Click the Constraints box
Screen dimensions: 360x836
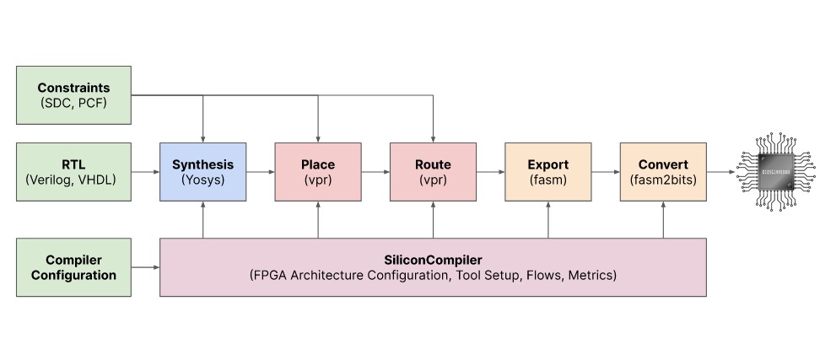[x=74, y=94]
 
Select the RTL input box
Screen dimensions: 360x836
[x=74, y=171]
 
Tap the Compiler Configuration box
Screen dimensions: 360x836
[x=74, y=266]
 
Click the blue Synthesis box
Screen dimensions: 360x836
[x=202, y=171]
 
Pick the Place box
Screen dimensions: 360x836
[x=317, y=171]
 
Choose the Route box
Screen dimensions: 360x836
[x=432, y=171]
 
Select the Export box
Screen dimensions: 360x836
[x=547, y=171]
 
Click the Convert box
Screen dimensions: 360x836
[x=662, y=171]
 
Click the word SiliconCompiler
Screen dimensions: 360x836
[x=432, y=259]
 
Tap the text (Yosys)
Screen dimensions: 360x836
[x=202, y=180]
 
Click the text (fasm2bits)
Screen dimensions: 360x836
[x=662, y=180]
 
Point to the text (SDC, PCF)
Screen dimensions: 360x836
[x=74, y=103]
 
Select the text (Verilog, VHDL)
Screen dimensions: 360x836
[x=74, y=180]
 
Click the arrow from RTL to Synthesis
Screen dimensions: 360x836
[x=145, y=171]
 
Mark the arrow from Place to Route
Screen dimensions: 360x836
[x=375, y=171]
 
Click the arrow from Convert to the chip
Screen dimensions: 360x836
[x=720, y=171]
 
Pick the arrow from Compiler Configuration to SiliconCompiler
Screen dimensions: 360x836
[x=145, y=267]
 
